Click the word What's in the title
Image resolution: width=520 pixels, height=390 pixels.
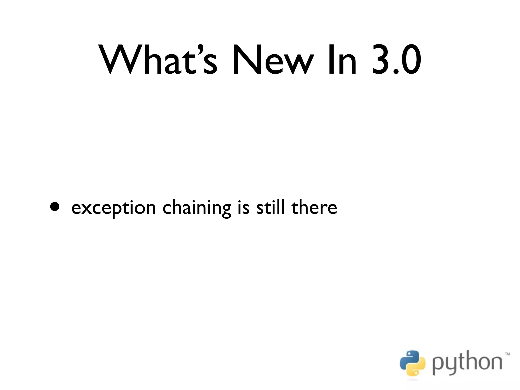click(159, 60)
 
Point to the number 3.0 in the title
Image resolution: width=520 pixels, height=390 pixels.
click(396, 60)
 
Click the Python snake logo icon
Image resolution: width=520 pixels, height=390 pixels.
click(412, 363)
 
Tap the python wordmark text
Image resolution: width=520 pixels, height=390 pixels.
click(467, 363)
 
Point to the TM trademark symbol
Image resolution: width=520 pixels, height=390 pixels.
click(507, 354)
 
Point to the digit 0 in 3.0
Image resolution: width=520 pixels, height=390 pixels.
click(409, 60)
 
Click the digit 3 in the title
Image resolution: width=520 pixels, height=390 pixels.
click(380, 60)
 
